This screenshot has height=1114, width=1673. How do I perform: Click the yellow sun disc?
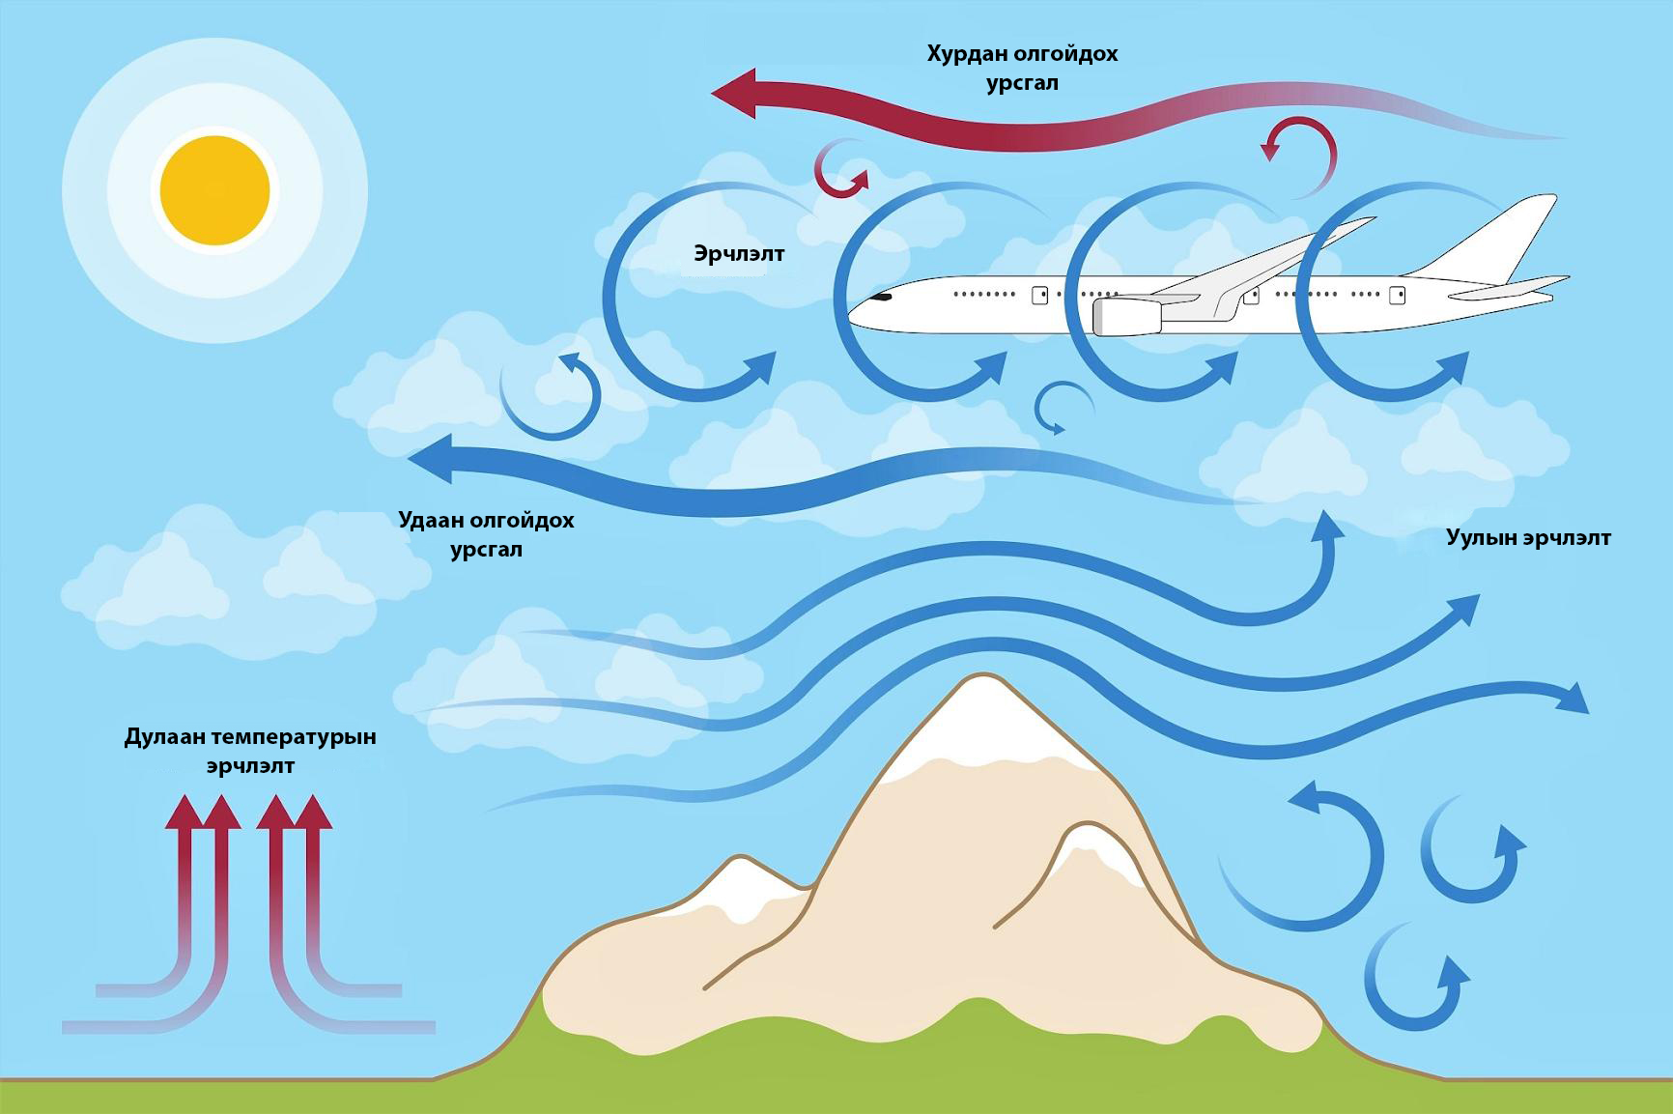[x=214, y=190]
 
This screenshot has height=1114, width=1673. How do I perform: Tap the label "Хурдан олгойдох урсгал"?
[x=1022, y=68]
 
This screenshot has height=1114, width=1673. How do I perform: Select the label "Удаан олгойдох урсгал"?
[x=486, y=534]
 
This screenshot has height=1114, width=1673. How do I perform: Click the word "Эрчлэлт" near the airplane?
[x=739, y=254]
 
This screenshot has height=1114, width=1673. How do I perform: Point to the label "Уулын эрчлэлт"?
[x=1528, y=538]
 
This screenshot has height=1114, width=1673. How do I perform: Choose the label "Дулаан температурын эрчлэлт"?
[x=250, y=751]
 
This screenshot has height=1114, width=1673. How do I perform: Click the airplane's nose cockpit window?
[x=883, y=298]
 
